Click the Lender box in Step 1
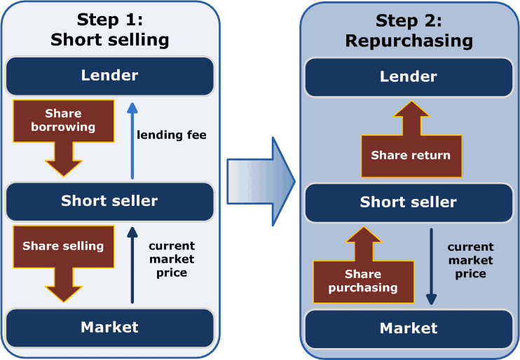(x=109, y=76)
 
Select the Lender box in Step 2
(x=409, y=77)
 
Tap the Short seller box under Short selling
(x=109, y=201)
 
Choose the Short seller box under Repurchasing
(x=409, y=202)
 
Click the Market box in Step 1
(x=109, y=327)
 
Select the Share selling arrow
(x=63, y=255)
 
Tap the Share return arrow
(x=410, y=147)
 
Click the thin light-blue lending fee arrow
(x=131, y=139)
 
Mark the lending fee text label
(x=172, y=134)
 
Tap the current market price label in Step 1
(x=172, y=259)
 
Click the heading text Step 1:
(x=110, y=19)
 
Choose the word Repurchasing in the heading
(x=409, y=41)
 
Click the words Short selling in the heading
(x=110, y=39)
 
